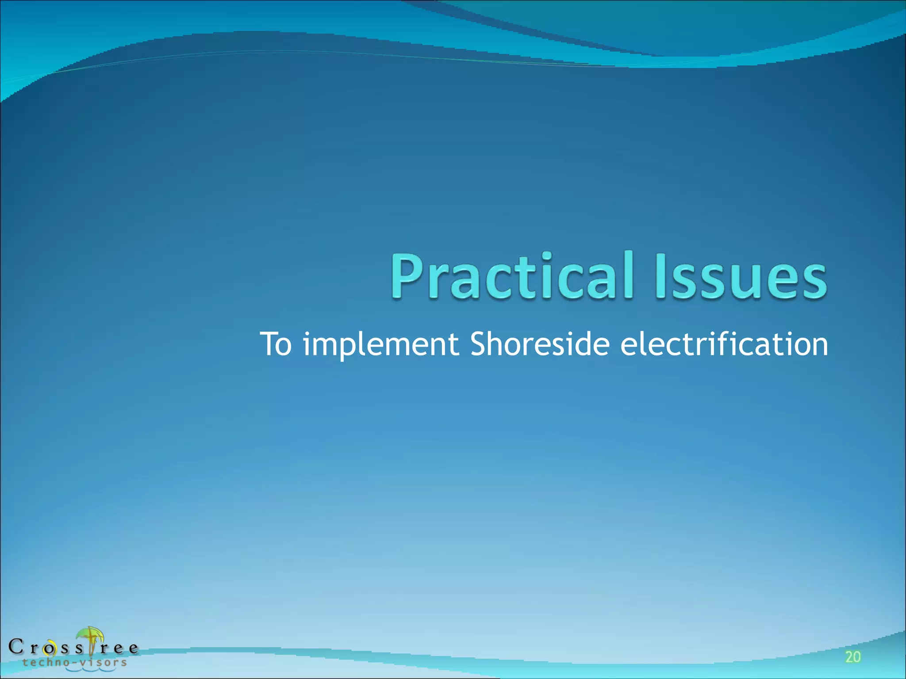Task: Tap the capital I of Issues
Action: click(x=662, y=275)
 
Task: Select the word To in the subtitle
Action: click(x=276, y=344)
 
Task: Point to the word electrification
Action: click(x=724, y=344)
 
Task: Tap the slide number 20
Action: click(x=853, y=657)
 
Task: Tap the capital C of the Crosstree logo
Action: click(x=16, y=647)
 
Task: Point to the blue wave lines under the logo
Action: click(x=91, y=669)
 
